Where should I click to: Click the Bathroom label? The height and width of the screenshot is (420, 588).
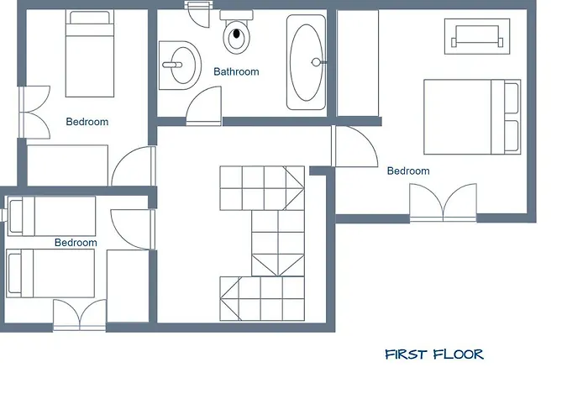pos(236,71)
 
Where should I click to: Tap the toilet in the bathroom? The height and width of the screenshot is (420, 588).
pos(236,32)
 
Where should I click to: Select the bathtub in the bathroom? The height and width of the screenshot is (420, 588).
pos(307,62)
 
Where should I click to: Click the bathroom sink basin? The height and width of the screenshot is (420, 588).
pos(180,66)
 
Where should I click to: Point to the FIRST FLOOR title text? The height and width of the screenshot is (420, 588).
pos(434,354)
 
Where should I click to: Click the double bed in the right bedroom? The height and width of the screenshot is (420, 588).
pos(472,117)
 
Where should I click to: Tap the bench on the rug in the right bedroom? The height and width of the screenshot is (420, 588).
pos(477,36)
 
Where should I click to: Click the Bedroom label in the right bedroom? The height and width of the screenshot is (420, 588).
pos(408,171)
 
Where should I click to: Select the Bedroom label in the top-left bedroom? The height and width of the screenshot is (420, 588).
pos(87,122)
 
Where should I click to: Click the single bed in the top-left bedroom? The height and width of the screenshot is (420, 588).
pos(90,53)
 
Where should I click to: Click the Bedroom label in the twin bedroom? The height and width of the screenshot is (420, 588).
pos(76,243)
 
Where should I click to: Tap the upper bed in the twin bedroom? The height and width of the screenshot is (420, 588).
pos(52,217)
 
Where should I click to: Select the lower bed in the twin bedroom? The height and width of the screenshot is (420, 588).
pos(50,273)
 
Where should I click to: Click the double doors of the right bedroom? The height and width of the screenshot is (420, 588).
pos(443,202)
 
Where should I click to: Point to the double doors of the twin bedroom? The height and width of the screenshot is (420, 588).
pos(80,315)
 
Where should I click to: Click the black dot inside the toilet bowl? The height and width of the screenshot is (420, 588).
pos(236,34)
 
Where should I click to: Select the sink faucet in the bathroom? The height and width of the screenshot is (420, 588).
pos(172,65)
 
